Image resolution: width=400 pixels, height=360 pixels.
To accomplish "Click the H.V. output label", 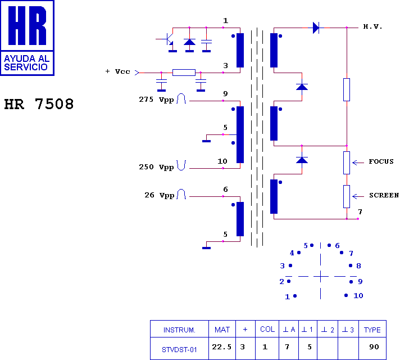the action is tap(372, 26).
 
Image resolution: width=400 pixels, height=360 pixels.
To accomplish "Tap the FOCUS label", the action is tap(381, 161).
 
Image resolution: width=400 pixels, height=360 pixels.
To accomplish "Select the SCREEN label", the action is tap(384, 195).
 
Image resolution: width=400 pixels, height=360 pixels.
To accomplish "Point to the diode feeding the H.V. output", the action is tap(316, 28).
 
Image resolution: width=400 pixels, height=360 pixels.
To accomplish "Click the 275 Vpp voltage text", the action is tap(156, 100).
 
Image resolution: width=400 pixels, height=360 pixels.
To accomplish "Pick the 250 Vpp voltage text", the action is tap(156, 167).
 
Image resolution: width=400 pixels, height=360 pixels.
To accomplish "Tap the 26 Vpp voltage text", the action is tap(159, 195).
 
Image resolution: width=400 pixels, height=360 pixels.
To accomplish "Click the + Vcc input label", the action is tap(117, 71).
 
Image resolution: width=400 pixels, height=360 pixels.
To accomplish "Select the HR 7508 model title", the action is tap(39, 104).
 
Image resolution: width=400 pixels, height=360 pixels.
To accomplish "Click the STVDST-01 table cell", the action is tap(179, 349).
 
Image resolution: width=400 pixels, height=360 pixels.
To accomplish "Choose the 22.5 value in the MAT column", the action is tap(222, 346).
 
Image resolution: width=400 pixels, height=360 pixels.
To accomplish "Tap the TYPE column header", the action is tap(372, 330).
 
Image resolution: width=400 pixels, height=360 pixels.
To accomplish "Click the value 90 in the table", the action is tap(374, 346).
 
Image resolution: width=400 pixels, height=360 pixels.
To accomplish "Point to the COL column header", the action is tap(267, 329).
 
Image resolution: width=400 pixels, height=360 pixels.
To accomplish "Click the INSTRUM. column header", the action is tap(179, 330).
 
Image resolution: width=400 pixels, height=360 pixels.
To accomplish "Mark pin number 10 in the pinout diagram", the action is tap(358, 296).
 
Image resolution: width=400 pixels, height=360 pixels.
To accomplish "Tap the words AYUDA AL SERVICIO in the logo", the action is tap(26, 62).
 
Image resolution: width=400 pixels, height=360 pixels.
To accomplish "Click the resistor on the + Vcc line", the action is tap(184, 73).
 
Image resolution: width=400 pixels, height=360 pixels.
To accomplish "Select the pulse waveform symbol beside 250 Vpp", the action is tap(181, 165).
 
